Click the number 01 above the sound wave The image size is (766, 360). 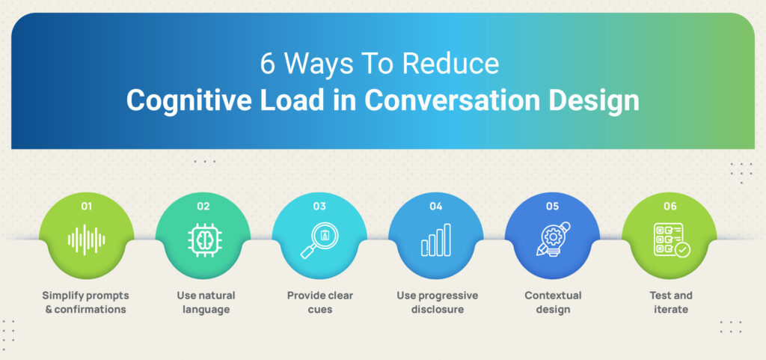pos(87,206)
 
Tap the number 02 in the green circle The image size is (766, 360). pos(203,206)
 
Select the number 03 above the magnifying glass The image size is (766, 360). pos(319,206)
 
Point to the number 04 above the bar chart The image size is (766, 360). pos(436,206)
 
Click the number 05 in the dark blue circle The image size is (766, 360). pos(553,206)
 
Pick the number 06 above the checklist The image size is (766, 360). pos(670,206)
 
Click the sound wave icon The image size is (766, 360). pos(87,240)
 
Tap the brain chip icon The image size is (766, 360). pos(203,240)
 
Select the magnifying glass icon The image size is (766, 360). pos(319,240)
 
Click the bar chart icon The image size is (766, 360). pos(436,240)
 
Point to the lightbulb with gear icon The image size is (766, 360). pos(553,240)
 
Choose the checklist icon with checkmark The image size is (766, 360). pos(672,240)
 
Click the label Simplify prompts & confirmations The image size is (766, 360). pos(86,302)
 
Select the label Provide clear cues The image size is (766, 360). pos(320,302)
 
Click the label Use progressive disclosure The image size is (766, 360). pos(437,302)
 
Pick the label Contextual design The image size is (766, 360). pos(553,302)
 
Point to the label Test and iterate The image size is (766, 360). pos(671,302)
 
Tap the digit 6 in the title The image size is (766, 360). pos(268,64)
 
